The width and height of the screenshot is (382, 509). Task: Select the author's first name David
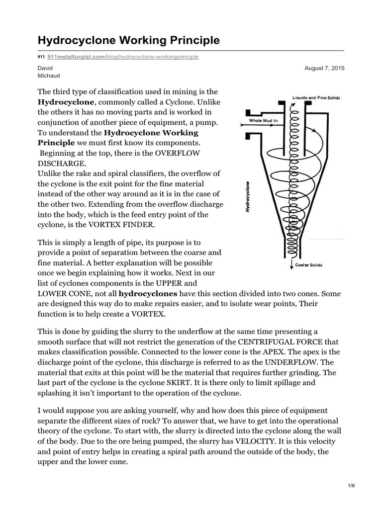(x=44, y=68)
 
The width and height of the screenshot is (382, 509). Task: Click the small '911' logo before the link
(x=41, y=57)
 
